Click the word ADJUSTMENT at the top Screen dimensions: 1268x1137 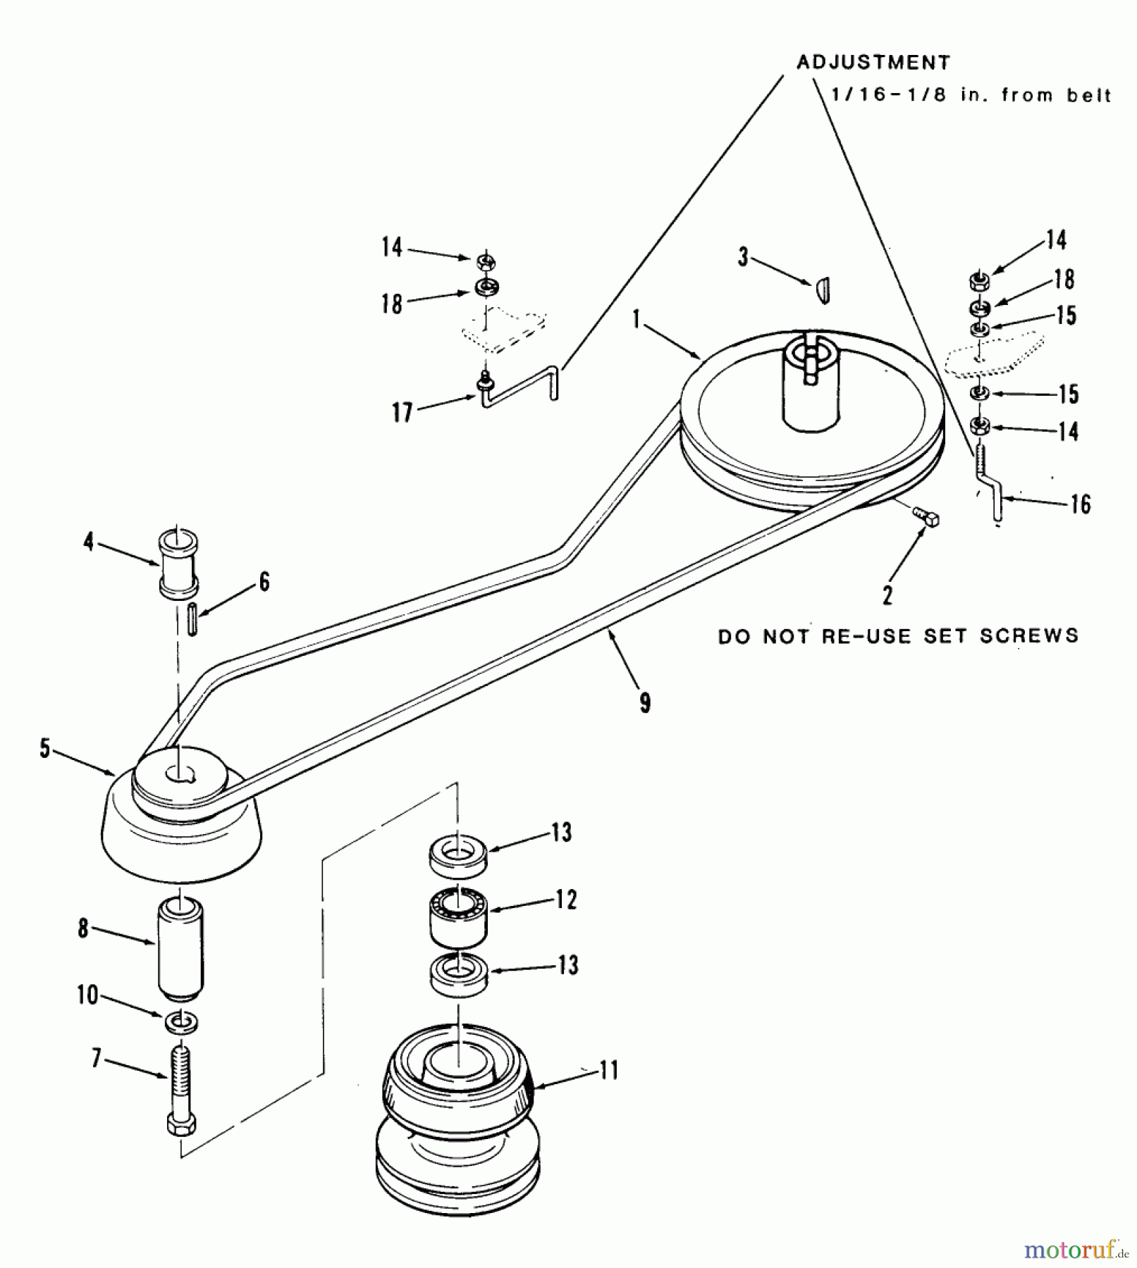click(873, 63)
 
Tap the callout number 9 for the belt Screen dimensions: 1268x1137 click(644, 702)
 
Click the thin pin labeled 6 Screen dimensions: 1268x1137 click(192, 619)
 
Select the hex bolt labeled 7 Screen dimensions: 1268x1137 click(181, 1090)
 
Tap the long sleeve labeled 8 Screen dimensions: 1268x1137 click(180, 948)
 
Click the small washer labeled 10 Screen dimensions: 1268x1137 click(181, 1022)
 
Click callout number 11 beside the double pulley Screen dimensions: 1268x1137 click(608, 1071)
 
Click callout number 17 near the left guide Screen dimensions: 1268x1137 click(402, 411)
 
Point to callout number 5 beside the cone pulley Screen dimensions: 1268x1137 click(44, 748)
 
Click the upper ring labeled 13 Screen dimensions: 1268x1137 click(458, 855)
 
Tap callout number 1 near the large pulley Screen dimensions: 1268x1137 click(636, 319)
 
